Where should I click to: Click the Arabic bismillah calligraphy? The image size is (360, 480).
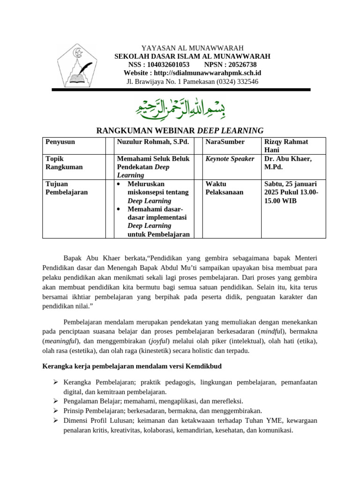pyautogui.click(x=180, y=107)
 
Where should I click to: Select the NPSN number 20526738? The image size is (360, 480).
pyautogui.click(x=240, y=65)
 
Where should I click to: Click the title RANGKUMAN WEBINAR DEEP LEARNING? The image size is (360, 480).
pyautogui.click(x=180, y=130)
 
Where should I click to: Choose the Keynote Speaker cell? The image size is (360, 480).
pyautogui.click(x=230, y=159)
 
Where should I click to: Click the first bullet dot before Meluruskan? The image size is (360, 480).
pyautogui.click(x=120, y=184)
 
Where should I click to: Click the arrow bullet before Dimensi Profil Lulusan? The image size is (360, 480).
pyautogui.click(x=55, y=420)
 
